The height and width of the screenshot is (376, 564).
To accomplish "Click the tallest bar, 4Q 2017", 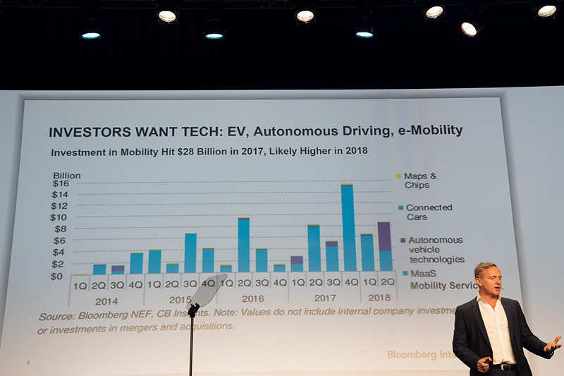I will pyautogui.click(x=347, y=227).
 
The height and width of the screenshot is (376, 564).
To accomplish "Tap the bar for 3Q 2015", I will pyautogui.click(x=190, y=253).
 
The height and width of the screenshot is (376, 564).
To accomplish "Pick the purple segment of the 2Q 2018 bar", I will pyautogui.click(x=384, y=236).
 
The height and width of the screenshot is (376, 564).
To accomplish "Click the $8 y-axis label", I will pyautogui.click(x=59, y=229).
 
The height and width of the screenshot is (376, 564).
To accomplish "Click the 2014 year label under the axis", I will pyautogui.click(x=106, y=300).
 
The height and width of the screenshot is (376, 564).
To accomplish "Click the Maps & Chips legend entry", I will pyautogui.click(x=421, y=180).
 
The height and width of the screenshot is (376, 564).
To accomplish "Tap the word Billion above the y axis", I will pyautogui.click(x=67, y=175).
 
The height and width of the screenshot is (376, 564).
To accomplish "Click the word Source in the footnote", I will pyautogui.click(x=56, y=317).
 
